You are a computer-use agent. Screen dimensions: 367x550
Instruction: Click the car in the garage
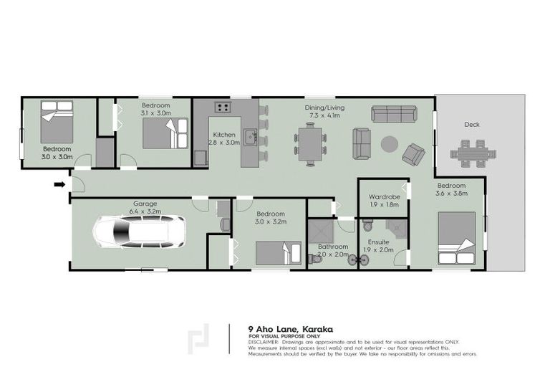point(140,232)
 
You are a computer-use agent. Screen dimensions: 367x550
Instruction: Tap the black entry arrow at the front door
point(59,184)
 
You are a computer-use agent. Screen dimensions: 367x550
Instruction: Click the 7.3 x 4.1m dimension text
point(322,115)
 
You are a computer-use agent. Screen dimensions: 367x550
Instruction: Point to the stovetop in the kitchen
point(223,108)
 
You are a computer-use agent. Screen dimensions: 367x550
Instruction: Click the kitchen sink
point(250,135)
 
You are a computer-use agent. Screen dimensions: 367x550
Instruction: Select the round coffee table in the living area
point(389,144)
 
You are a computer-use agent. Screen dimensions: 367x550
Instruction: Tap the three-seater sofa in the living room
point(393,113)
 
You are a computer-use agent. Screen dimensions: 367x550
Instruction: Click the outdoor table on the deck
point(472,153)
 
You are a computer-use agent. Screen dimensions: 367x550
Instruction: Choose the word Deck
point(471,125)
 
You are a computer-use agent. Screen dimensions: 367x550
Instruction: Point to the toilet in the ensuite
point(368,226)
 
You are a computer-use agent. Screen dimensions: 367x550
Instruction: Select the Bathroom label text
point(333,246)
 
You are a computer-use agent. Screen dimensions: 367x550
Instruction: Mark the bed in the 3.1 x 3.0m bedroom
point(165,133)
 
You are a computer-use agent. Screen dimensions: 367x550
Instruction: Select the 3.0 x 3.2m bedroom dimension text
point(271,222)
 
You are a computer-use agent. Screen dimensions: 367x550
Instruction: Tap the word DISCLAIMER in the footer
point(264,342)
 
